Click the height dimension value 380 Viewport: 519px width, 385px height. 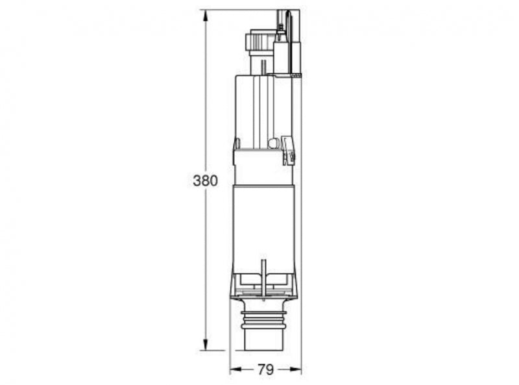(205, 181)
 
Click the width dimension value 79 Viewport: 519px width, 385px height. (266, 369)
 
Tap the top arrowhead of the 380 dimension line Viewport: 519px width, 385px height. (206, 16)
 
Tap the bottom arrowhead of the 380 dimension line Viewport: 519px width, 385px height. (206, 344)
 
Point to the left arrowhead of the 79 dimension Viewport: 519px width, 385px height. (235, 369)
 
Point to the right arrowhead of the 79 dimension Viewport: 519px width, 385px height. (296, 369)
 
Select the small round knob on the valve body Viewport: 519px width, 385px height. (272, 143)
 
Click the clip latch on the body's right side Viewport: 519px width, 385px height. (288, 151)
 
